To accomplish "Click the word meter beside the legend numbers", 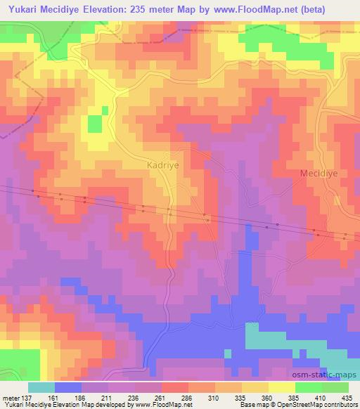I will coord(12,397).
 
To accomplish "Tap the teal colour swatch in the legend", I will coord(41,387).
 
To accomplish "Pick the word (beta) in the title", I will coord(339,10).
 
